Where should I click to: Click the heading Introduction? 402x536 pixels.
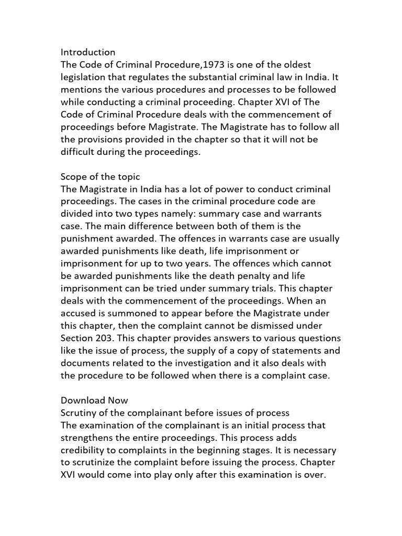click(x=88, y=52)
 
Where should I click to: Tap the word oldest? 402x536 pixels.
click(x=296, y=64)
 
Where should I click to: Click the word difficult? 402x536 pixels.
click(x=79, y=152)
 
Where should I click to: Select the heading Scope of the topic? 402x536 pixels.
click(x=100, y=177)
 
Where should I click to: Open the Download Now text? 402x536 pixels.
click(x=94, y=401)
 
